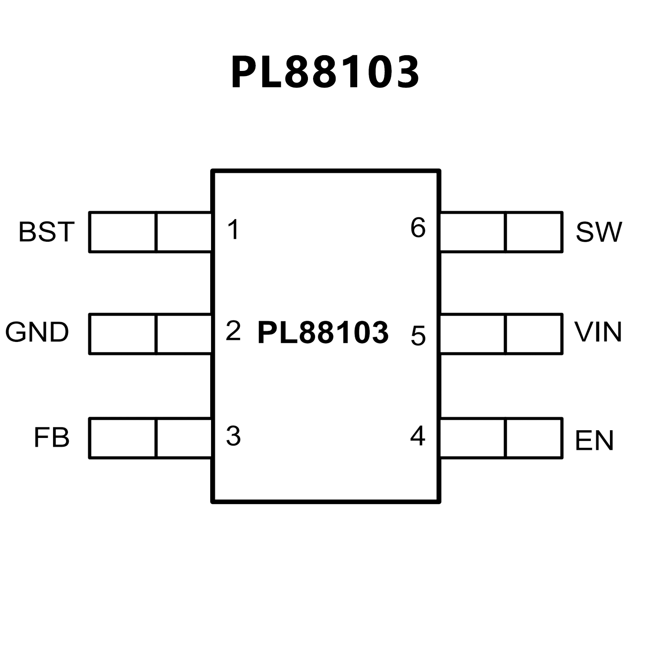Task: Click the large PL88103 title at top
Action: click(325, 72)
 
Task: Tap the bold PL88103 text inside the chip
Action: click(323, 333)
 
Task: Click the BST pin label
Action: click(46, 232)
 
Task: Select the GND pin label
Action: click(37, 332)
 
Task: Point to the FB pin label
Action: click(51, 438)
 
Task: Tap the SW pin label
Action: click(598, 232)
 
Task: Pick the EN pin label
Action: click(594, 440)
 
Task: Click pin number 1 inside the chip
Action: click(234, 229)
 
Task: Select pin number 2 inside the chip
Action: click(233, 331)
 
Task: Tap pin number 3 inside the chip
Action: click(233, 436)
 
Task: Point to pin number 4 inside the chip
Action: click(418, 435)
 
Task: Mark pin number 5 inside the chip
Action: click(418, 336)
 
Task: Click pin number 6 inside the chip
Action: click(418, 228)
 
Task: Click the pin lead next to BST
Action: click(150, 232)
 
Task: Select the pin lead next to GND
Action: click(150, 334)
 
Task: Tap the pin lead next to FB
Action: click(150, 438)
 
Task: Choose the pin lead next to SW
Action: click(501, 232)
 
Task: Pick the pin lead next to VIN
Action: click(501, 334)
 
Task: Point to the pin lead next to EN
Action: click(501, 438)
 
